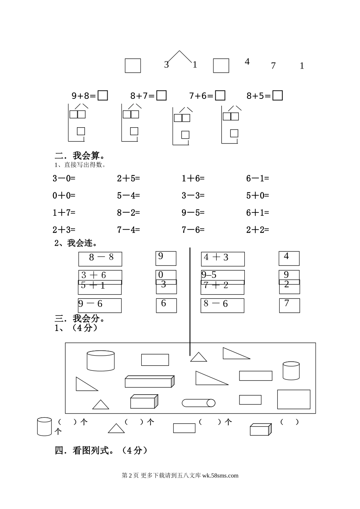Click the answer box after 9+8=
(x=103, y=95)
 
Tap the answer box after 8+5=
(x=278, y=95)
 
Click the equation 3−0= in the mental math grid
(x=64, y=178)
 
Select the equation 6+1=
(x=258, y=213)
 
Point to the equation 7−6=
(x=193, y=230)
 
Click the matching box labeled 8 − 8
(x=100, y=259)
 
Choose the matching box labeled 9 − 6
(x=100, y=305)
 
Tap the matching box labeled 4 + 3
(x=223, y=259)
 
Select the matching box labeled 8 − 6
(x=222, y=305)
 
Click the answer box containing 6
(x=166, y=305)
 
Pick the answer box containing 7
(x=290, y=305)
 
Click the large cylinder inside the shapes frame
(x=101, y=361)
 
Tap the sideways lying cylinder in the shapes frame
(x=199, y=403)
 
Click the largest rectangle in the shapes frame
(x=294, y=399)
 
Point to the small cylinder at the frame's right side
(x=291, y=370)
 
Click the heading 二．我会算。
(x=80, y=156)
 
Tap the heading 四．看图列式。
(x=101, y=450)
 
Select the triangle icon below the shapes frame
(x=116, y=428)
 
